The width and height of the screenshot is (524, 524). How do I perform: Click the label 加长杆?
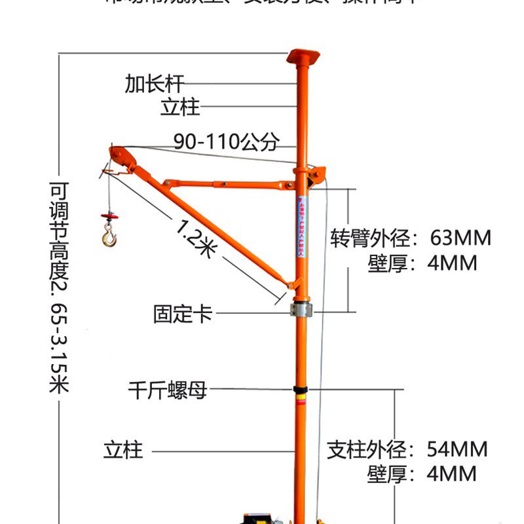[x=155, y=84]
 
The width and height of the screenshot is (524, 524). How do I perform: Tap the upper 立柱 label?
[x=180, y=107]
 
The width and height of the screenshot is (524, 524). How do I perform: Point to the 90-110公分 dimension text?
[x=227, y=141]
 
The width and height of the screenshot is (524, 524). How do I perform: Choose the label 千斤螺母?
[x=168, y=391]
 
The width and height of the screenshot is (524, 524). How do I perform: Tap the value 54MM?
[x=457, y=449]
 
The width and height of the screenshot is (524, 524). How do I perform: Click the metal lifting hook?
[x=109, y=234]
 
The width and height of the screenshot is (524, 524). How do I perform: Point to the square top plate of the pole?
[x=303, y=55]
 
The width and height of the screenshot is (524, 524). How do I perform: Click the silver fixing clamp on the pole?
[x=302, y=308]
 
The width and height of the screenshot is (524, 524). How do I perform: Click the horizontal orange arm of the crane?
[x=229, y=184]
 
